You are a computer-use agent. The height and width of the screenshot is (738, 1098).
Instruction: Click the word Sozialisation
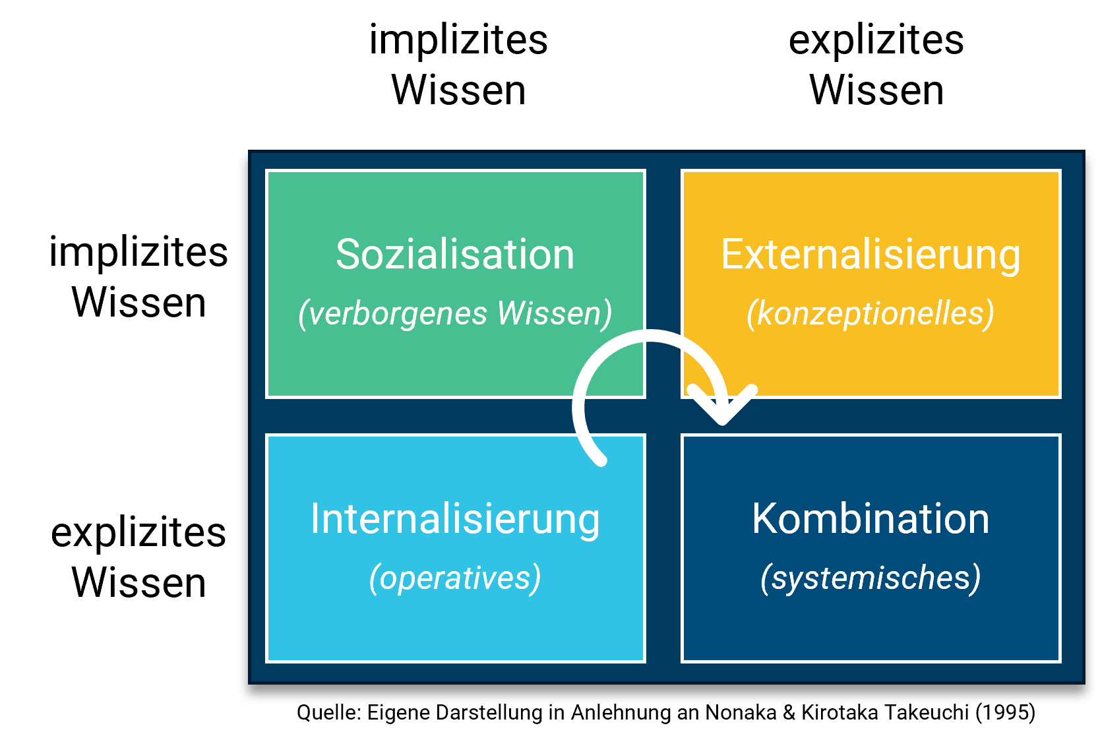[x=455, y=255]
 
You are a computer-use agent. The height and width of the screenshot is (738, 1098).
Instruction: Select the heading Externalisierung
[x=870, y=255]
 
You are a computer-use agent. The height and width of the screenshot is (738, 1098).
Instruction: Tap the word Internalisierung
[x=455, y=519]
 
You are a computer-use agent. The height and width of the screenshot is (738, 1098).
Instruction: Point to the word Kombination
[x=870, y=519]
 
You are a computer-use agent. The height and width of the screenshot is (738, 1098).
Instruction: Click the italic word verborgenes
[x=398, y=313]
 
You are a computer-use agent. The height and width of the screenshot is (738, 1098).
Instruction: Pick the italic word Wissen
[x=549, y=313]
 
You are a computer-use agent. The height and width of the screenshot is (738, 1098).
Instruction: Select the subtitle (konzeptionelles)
[x=870, y=313]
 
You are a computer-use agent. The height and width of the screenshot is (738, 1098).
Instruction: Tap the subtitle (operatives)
[x=455, y=578]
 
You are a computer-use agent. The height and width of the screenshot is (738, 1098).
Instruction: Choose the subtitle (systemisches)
[x=870, y=578]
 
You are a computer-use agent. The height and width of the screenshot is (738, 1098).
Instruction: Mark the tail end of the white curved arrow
[x=600, y=459]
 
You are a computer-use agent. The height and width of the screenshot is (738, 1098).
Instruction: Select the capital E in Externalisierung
[x=732, y=255]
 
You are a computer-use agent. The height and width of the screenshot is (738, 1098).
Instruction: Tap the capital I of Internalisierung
[x=315, y=519]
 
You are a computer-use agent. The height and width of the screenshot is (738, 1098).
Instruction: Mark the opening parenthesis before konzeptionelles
[x=751, y=313]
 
